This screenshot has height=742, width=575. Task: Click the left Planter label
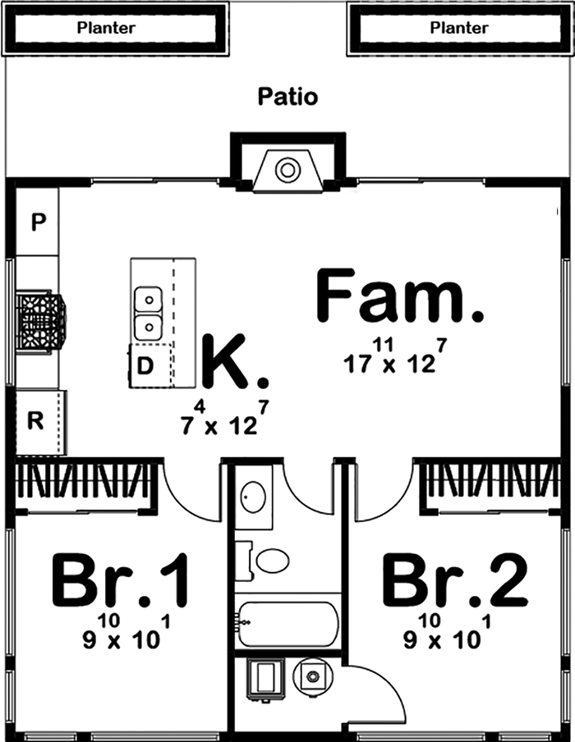coord(106,28)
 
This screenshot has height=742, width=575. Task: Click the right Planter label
coord(459,28)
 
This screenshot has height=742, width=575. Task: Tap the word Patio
coord(287,97)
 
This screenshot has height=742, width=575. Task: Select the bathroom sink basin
coord(254,497)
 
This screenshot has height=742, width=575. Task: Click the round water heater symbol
coord(311,676)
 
